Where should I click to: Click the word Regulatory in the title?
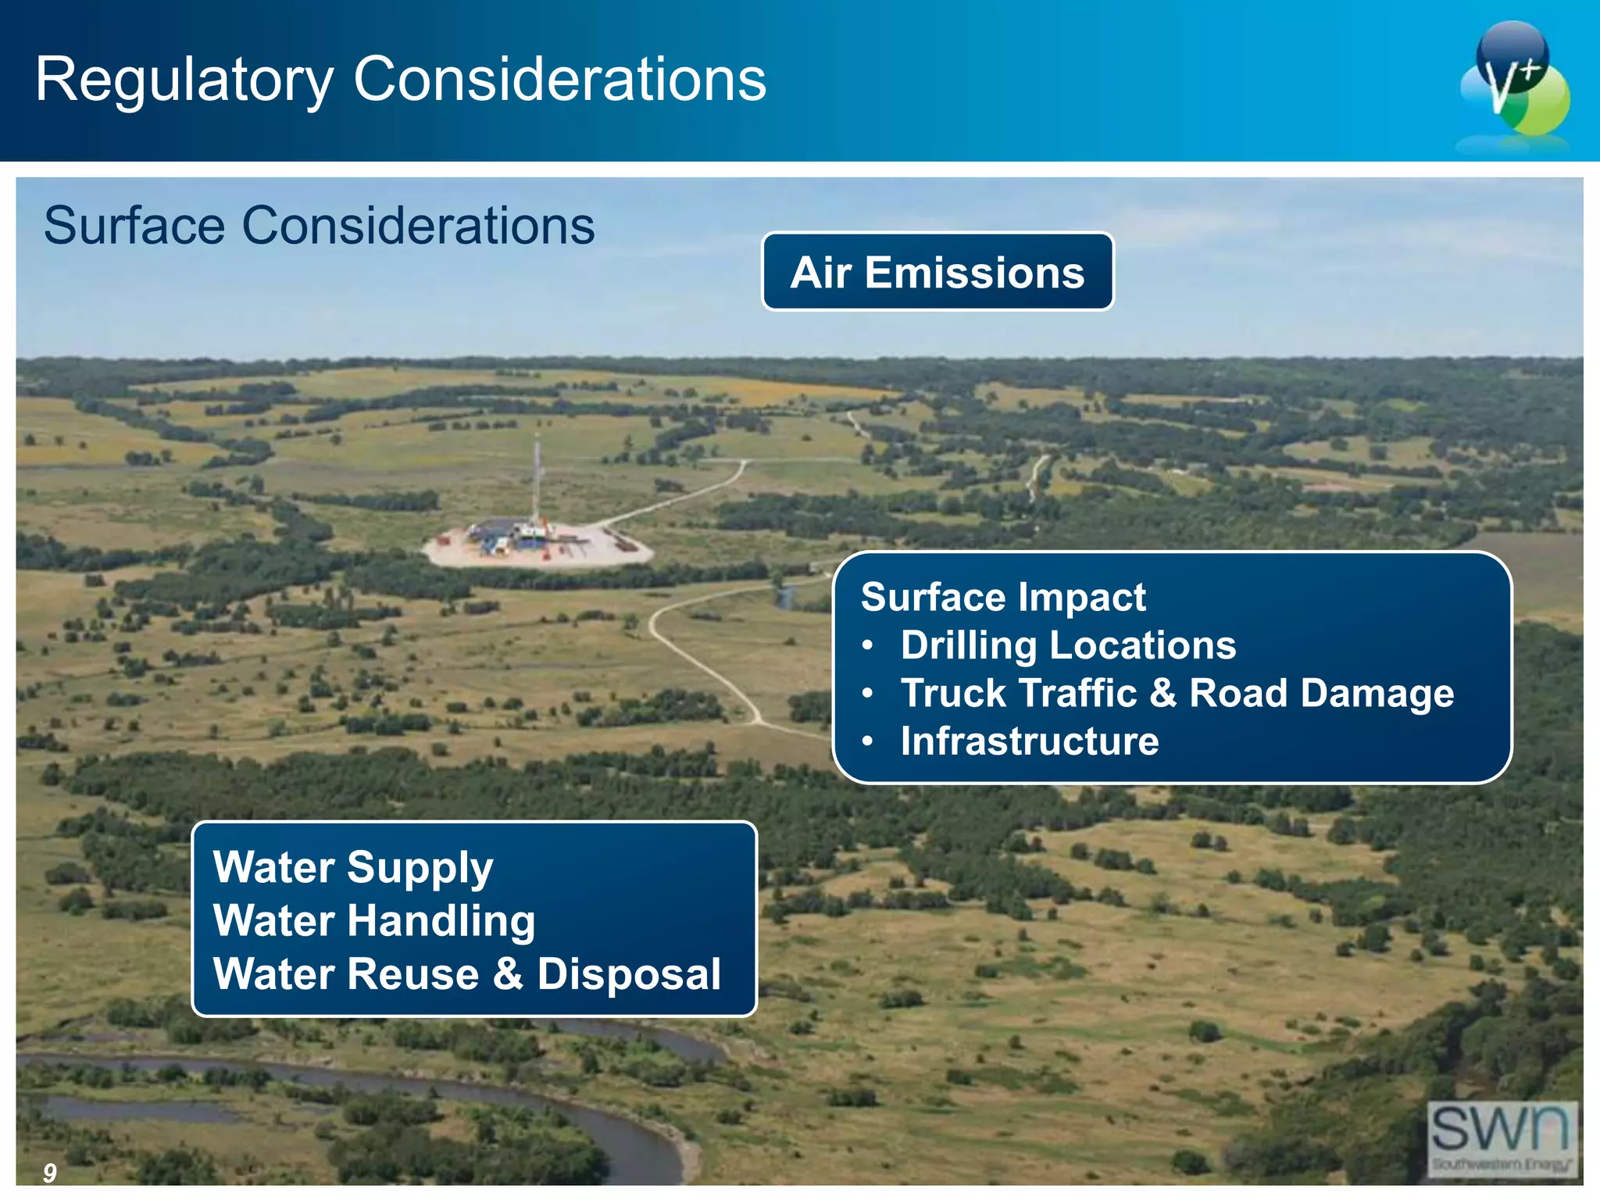point(184,80)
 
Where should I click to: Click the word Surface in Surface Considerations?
point(134,227)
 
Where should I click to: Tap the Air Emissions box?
point(937,272)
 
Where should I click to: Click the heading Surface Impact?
point(1003,598)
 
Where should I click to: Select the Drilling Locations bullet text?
point(1068,645)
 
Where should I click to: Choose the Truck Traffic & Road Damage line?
point(1177,693)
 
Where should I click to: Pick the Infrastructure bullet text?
point(1030,741)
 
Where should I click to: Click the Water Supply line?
point(353,867)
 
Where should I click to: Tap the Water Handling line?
point(374,920)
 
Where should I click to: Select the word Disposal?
point(629,974)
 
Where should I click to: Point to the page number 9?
point(50,1172)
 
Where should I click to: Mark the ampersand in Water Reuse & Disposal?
point(508,974)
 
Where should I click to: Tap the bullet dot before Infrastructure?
point(867,741)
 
